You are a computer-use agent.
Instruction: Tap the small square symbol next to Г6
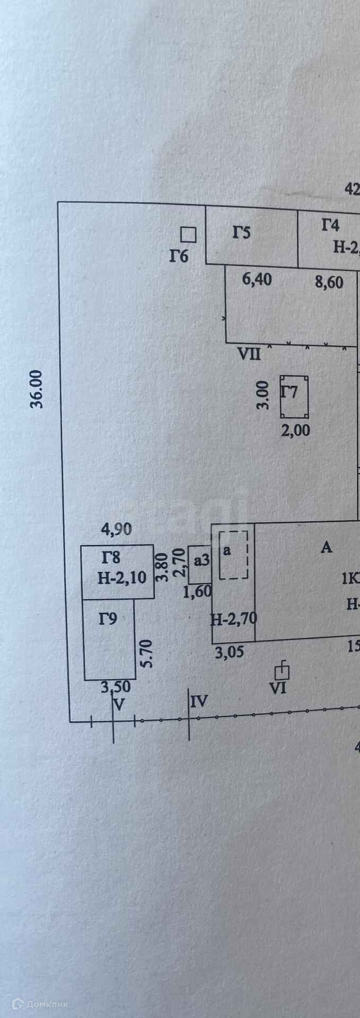[188, 234]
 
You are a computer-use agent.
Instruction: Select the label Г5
[241, 232]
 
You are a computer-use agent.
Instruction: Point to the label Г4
[330, 225]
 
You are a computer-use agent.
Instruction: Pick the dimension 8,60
[329, 282]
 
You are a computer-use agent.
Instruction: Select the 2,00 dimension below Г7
[296, 429]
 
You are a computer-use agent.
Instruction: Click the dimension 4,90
[116, 529]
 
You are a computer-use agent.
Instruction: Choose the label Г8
[111, 557]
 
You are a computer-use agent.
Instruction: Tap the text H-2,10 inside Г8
[122, 577]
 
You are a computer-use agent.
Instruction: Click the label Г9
[108, 618]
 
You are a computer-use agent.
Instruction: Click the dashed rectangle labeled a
[234, 555]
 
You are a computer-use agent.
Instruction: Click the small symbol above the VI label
[283, 671]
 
